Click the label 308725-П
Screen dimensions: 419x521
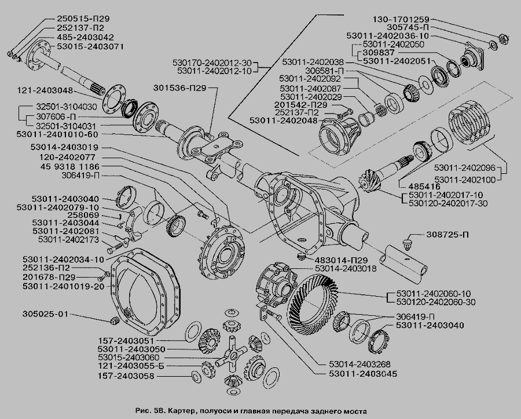click(x=449, y=236)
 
